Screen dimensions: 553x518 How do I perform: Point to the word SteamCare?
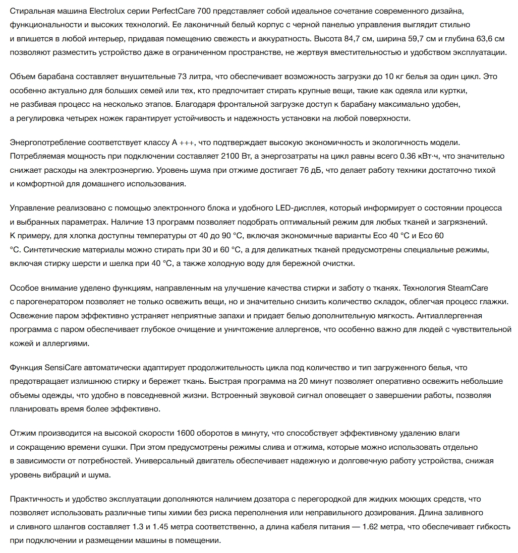tap(468, 288)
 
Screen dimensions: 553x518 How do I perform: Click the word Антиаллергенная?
tap(453, 316)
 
